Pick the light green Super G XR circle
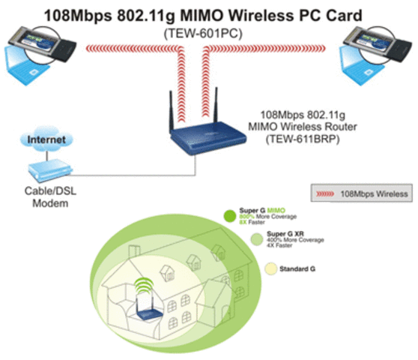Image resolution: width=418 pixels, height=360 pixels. tap(258, 239)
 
